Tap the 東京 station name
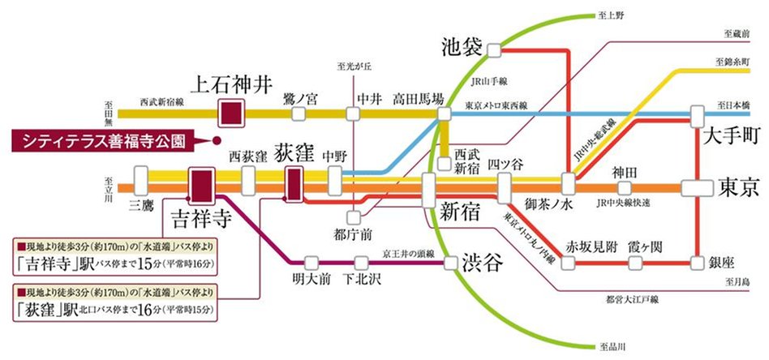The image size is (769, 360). point(738,187)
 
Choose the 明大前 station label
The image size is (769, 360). point(308,280)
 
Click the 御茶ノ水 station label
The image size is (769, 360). point(549,205)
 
